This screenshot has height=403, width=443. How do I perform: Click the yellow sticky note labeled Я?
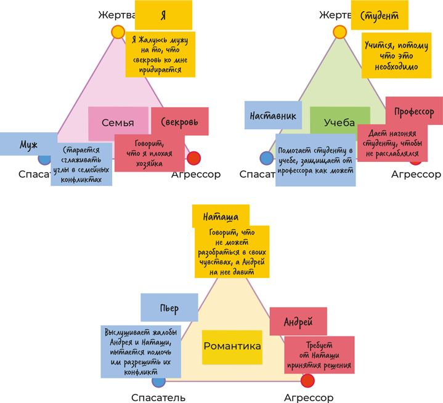(163, 15)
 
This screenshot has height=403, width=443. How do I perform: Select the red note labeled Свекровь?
(179, 122)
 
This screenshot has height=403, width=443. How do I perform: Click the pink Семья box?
(118, 122)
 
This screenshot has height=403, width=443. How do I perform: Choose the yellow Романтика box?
(232, 346)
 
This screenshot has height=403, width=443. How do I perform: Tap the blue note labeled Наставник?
(273, 115)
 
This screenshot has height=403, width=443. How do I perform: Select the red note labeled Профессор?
(413, 111)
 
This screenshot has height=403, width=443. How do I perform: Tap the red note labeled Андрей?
(298, 321)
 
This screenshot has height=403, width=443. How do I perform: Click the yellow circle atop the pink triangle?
(118, 32)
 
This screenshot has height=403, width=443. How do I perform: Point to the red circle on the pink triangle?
(193, 158)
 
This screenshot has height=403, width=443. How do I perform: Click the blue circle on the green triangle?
(267, 158)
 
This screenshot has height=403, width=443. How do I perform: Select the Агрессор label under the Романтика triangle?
(309, 397)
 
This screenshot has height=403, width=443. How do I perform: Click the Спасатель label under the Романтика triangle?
(159, 397)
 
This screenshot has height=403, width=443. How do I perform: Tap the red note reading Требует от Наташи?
(319, 356)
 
